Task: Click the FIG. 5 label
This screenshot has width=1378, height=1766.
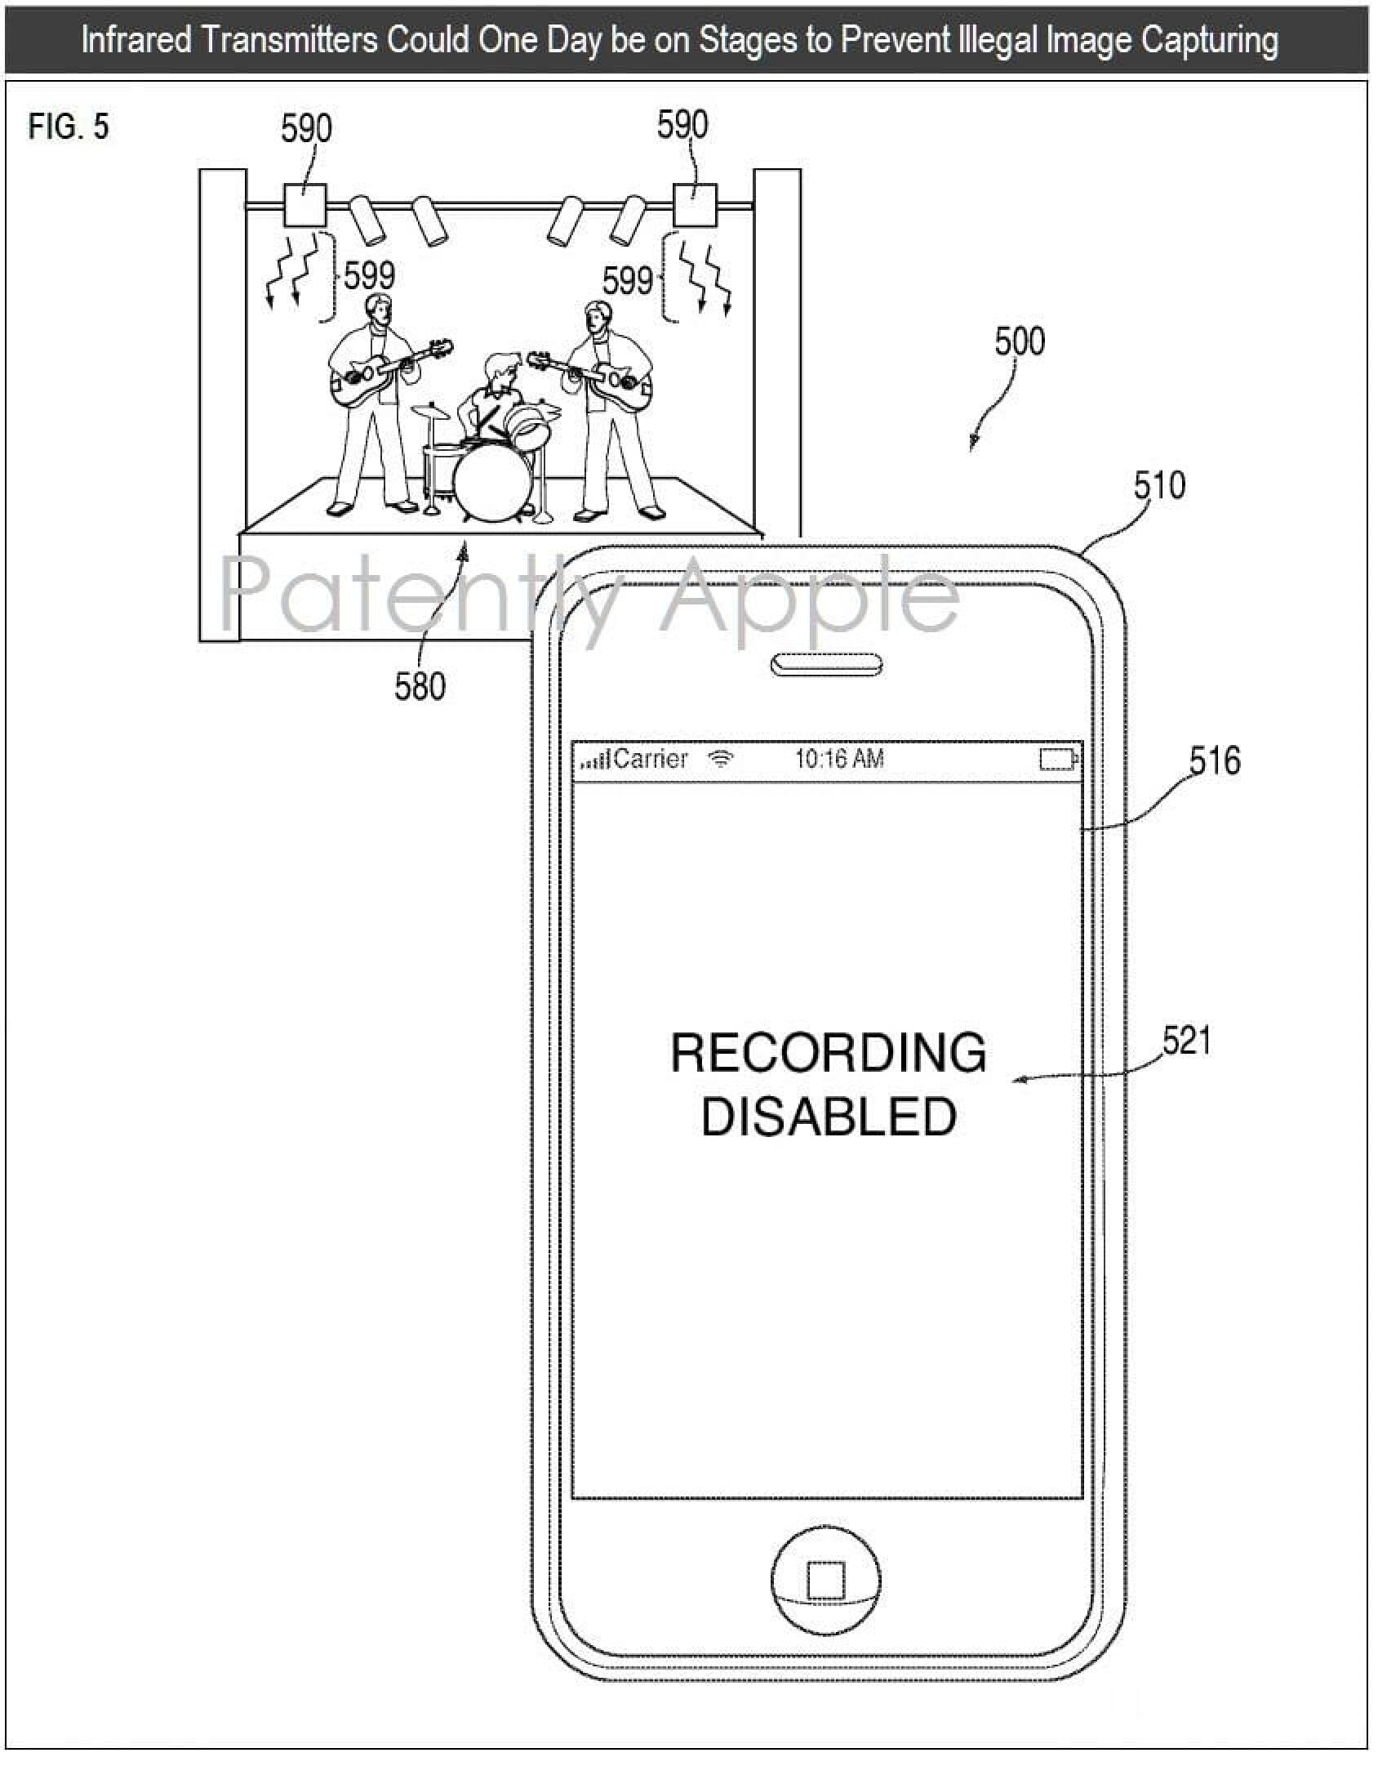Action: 69,127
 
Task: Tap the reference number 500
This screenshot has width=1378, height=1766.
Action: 1020,341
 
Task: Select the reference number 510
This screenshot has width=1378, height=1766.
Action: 1159,485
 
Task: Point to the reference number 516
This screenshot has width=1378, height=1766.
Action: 1215,761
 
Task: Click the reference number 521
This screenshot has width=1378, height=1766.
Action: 1187,1041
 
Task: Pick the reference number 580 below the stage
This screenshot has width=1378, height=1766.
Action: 420,687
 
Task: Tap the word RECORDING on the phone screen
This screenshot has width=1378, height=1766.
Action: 828,1053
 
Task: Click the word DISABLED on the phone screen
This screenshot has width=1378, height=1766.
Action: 829,1117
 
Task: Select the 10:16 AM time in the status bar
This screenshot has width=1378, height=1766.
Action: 839,760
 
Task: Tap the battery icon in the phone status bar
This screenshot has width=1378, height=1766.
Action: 1058,760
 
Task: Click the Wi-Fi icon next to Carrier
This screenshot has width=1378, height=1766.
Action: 720,760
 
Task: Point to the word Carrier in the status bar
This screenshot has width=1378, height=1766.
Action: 650,760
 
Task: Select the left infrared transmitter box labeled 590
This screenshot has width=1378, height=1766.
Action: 305,205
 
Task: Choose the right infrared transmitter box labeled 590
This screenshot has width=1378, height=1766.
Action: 695,204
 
